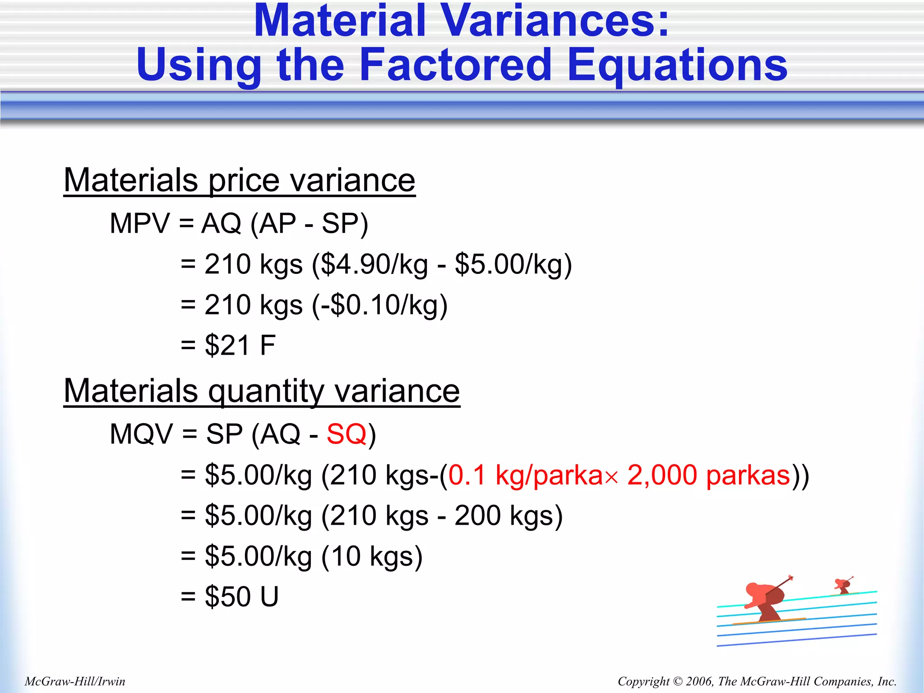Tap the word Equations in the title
point(677,65)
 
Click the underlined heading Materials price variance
point(239,180)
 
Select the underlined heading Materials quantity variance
point(262,391)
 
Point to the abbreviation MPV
point(140,223)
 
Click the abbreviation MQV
point(141,434)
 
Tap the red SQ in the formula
point(346,434)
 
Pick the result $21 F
point(240,346)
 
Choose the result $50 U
point(242,596)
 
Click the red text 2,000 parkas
point(708,475)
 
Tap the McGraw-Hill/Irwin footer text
point(75,681)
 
